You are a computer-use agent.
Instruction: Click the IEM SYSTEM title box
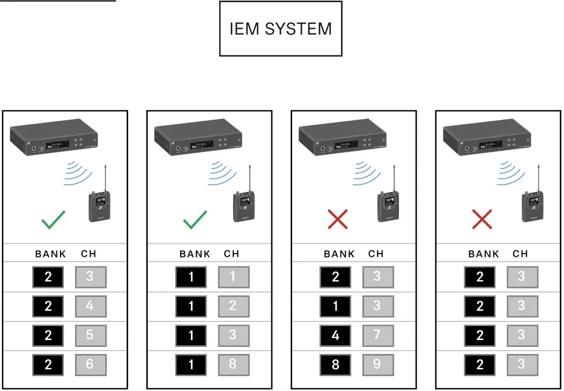280,28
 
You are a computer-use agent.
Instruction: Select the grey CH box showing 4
90,306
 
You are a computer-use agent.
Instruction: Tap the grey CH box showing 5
90,335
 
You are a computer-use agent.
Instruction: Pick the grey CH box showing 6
90,365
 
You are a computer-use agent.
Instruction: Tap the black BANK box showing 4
336,335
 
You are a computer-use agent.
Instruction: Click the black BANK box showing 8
336,365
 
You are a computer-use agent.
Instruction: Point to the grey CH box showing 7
378,335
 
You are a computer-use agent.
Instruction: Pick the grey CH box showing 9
378,365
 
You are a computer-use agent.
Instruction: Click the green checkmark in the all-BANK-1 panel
195,219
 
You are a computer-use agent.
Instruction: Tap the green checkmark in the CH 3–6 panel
53,219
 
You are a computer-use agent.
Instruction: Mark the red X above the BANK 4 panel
338,219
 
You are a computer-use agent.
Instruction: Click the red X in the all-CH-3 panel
482,219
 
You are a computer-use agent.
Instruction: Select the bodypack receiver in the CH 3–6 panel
99,207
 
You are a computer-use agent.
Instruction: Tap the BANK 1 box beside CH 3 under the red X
336,306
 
